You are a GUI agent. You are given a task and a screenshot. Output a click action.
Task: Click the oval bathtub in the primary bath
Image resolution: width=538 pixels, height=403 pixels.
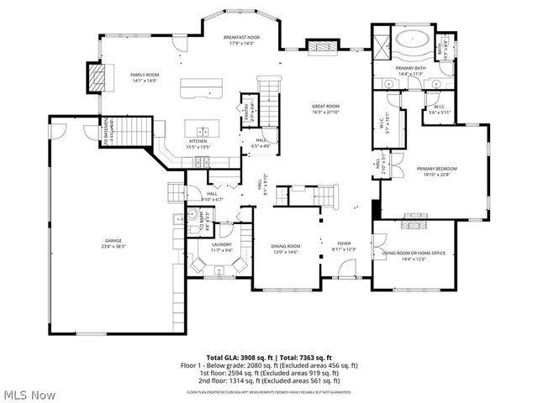tap(412, 39)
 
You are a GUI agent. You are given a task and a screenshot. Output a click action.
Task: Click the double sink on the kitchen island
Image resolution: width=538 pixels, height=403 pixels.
tap(203, 131)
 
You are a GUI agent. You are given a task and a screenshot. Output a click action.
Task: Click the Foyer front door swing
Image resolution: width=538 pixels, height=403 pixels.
tap(344, 269)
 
